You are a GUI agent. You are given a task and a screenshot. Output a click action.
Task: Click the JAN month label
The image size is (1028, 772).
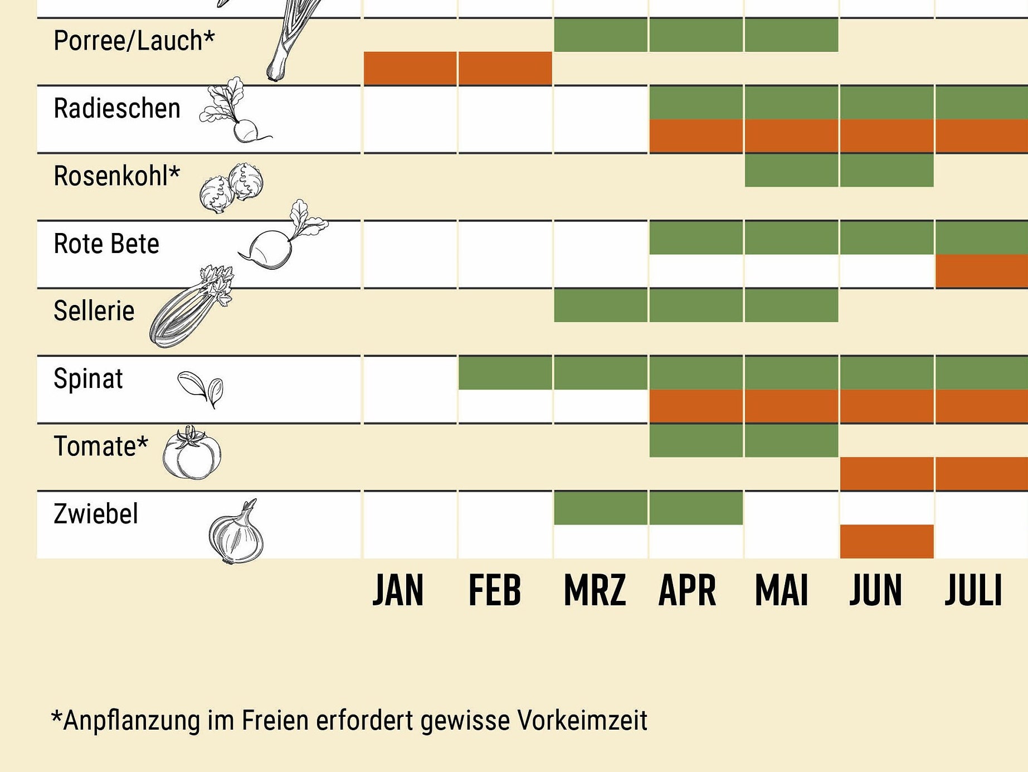398,590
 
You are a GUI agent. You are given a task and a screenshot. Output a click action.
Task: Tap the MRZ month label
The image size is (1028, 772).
595,590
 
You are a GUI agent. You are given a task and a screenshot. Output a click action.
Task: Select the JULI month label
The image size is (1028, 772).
973,590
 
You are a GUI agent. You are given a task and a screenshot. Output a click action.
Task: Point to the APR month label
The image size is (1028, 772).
687,590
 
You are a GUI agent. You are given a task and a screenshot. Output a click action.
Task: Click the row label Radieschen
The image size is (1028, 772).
117,108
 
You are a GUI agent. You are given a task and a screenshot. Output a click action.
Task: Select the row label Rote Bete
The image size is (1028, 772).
106,244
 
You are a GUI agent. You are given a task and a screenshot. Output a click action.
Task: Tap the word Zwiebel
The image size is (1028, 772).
96,514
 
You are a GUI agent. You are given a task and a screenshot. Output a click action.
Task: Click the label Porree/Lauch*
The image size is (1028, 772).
134,41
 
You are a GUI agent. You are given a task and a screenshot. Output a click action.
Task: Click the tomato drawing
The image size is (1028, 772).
192,453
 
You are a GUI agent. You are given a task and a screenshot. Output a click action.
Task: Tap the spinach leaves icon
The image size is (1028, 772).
201,387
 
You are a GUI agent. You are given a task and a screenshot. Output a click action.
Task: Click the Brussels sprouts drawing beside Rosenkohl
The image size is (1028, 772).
231,187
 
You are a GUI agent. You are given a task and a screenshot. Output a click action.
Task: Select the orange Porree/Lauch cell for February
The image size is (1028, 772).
505,68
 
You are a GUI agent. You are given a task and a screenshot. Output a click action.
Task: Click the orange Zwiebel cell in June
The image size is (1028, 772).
886,541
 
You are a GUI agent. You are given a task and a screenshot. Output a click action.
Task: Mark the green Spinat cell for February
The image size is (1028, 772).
505,372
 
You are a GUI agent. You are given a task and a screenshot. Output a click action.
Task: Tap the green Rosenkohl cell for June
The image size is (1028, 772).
886,170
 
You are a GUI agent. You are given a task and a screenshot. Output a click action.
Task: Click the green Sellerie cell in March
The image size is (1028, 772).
601,305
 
